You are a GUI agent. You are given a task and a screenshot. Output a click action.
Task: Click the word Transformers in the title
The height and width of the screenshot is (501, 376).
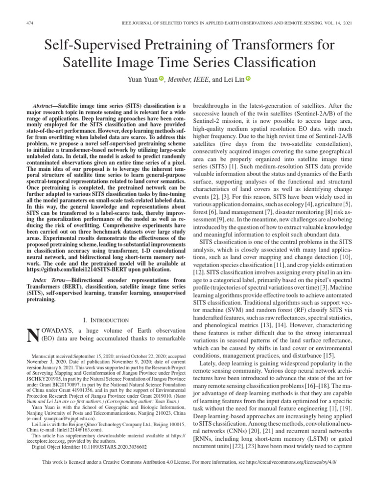(284, 46)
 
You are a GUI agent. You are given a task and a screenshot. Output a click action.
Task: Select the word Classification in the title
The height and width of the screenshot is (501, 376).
(267, 63)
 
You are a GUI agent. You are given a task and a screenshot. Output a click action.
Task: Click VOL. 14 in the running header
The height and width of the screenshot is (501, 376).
(326, 23)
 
